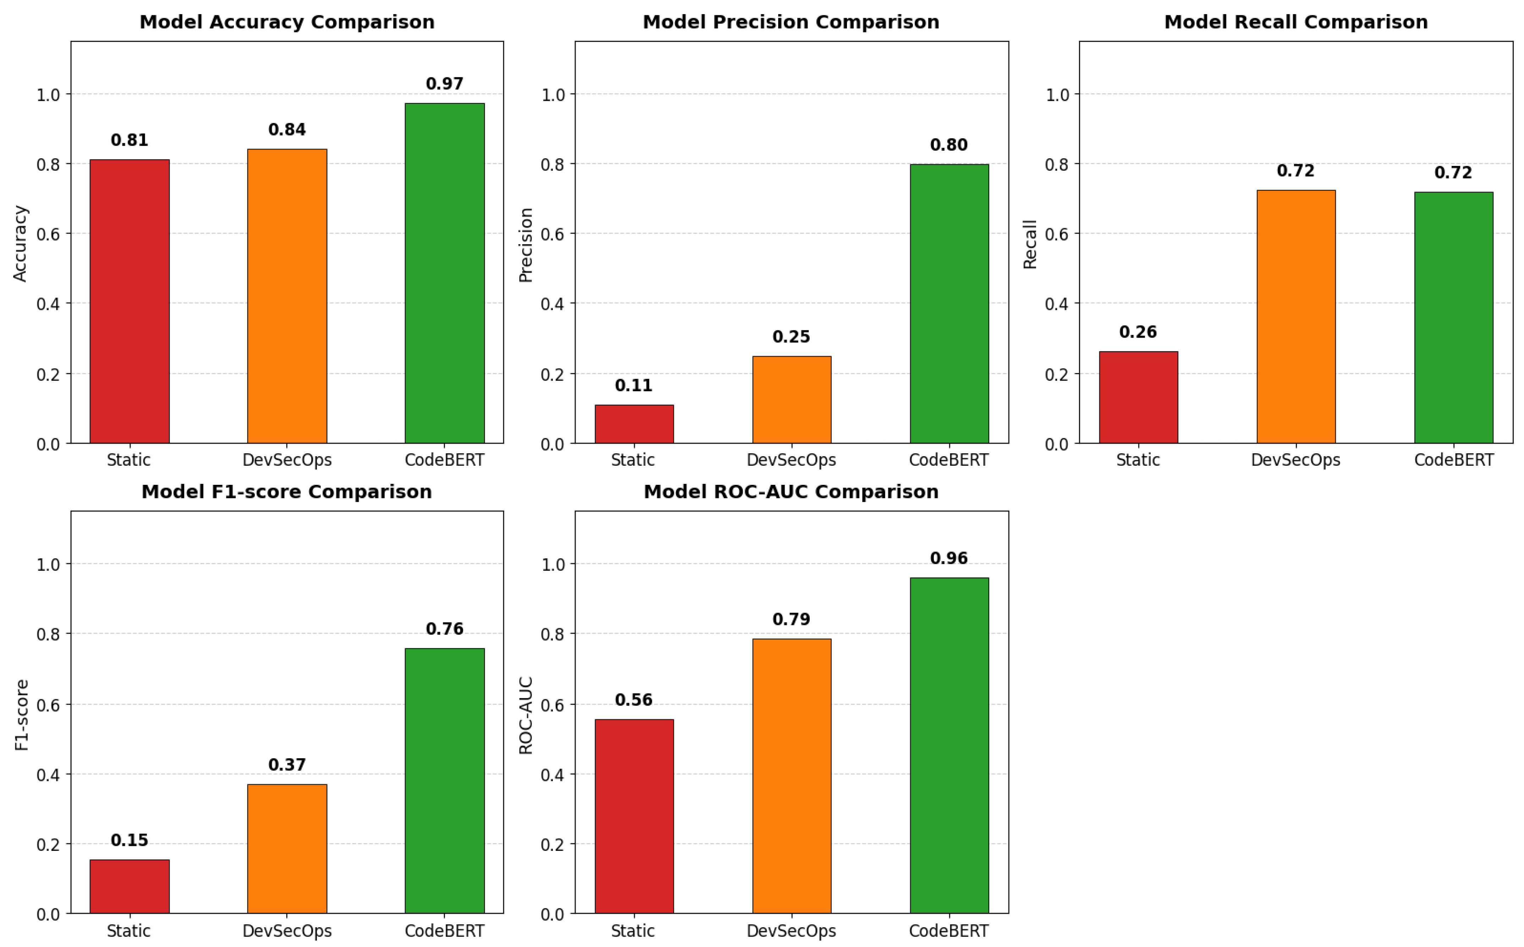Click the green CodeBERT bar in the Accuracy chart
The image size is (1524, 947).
[x=444, y=273]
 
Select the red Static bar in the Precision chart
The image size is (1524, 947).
[x=634, y=424]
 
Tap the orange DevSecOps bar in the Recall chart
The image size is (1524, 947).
[x=1295, y=317]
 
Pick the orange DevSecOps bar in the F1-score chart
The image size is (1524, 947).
[x=287, y=849]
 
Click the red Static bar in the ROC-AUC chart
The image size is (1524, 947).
[x=634, y=816]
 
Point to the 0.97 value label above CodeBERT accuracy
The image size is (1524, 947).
[x=444, y=84]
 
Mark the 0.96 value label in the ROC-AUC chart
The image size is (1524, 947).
[x=948, y=558]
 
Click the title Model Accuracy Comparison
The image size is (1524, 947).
[x=287, y=22]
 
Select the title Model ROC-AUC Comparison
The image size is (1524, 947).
[x=791, y=492]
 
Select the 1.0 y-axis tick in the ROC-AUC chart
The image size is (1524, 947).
[x=553, y=564]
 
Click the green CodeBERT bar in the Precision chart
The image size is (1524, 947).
[x=949, y=304]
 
